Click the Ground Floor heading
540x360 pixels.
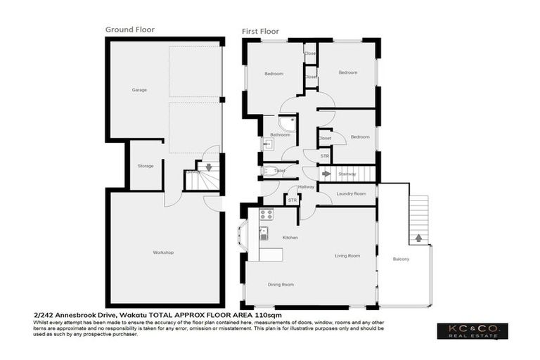[130, 30]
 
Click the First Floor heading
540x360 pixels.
[260, 32]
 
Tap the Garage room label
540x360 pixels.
[139, 91]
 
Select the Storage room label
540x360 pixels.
[146, 166]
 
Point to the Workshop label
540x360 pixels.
[163, 252]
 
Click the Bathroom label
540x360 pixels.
[281, 134]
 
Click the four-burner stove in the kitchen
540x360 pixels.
[266, 214]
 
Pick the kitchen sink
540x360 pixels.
[264, 232]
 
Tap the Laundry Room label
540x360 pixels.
[351, 193]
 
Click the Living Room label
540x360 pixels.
[347, 256]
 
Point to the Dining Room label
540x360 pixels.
[281, 285]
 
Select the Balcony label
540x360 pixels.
[401, 259]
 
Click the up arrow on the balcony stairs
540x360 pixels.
[418, 238]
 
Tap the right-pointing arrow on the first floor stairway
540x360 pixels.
[326, 173]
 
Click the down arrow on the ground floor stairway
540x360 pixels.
[208, 167]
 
